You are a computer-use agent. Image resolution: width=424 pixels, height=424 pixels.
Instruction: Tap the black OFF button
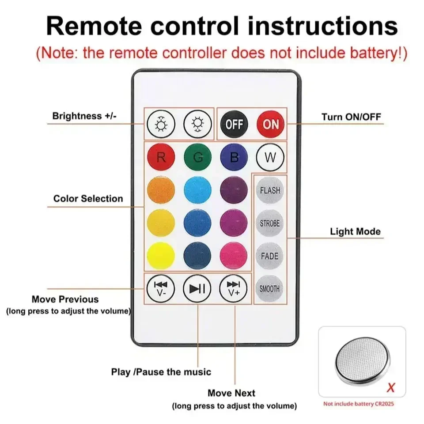[234, 124]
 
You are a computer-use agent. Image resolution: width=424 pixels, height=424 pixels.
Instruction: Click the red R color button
[161, 158]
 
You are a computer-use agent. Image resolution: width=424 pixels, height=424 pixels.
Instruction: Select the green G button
[197, 158]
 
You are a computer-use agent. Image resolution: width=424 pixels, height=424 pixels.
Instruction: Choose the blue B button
[234, 158]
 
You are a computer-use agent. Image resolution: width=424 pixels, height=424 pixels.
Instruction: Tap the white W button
[270, 158]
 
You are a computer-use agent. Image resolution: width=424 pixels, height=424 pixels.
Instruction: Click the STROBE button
[269, 223]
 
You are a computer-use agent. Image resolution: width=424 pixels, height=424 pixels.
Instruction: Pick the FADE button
[269, 256]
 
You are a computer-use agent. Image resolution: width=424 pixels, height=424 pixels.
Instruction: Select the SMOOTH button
[269, 289]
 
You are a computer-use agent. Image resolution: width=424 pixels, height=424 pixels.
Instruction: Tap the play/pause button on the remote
[197, 289]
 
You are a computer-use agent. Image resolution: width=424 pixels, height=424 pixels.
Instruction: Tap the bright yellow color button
[161, 256]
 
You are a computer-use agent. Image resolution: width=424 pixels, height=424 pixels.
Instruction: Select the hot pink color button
[234, 256]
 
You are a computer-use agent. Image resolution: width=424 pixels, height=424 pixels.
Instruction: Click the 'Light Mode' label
[355, 231]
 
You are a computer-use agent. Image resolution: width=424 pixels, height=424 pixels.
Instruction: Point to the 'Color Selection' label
[88, 199]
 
